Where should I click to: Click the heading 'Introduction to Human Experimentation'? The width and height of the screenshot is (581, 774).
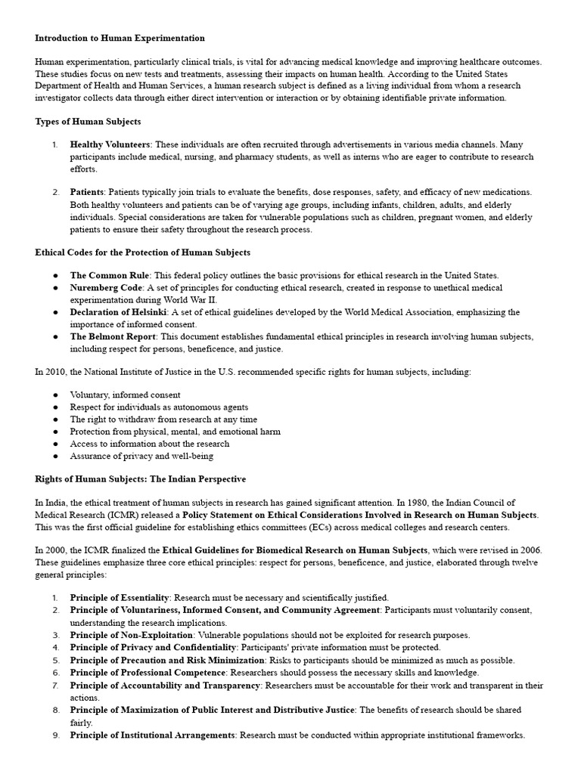[x=120, y=38]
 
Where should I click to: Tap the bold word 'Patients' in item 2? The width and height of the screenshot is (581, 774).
[x=87, y=193]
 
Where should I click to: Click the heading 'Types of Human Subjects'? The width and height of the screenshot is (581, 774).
[x=88, y=121]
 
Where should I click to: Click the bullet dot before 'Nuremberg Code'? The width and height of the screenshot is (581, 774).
[x=57, y=288]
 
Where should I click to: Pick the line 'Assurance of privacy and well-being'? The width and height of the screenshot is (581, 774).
[x=141, y=456]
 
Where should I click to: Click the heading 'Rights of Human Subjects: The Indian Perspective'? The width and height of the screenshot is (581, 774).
[x=140, y=479]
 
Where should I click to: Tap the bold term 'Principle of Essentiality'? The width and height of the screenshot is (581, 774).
[x=123, y=598]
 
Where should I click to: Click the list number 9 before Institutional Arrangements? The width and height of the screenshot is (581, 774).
[x=56, y=735]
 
